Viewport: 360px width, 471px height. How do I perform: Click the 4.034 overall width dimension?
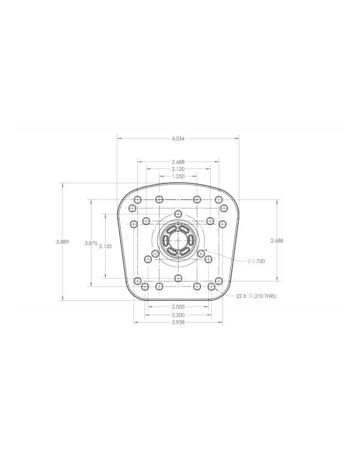tap(178, 139)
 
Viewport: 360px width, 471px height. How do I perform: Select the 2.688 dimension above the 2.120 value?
tap(178, 162)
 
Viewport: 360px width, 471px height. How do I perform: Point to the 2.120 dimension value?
tap(178, 169)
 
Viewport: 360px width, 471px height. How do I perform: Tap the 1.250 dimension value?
tap(178, 176)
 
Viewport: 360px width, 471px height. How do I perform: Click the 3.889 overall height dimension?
tap(63, 242)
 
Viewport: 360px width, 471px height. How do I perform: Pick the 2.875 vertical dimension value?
tap(91, 243)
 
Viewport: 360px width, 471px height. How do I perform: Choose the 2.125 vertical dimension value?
tap(105, 247)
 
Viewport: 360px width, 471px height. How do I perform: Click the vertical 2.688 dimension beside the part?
tap(277, 240)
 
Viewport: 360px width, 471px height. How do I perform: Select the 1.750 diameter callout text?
tap(258, 262)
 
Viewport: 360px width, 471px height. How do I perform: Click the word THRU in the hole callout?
tap(270, 296)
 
